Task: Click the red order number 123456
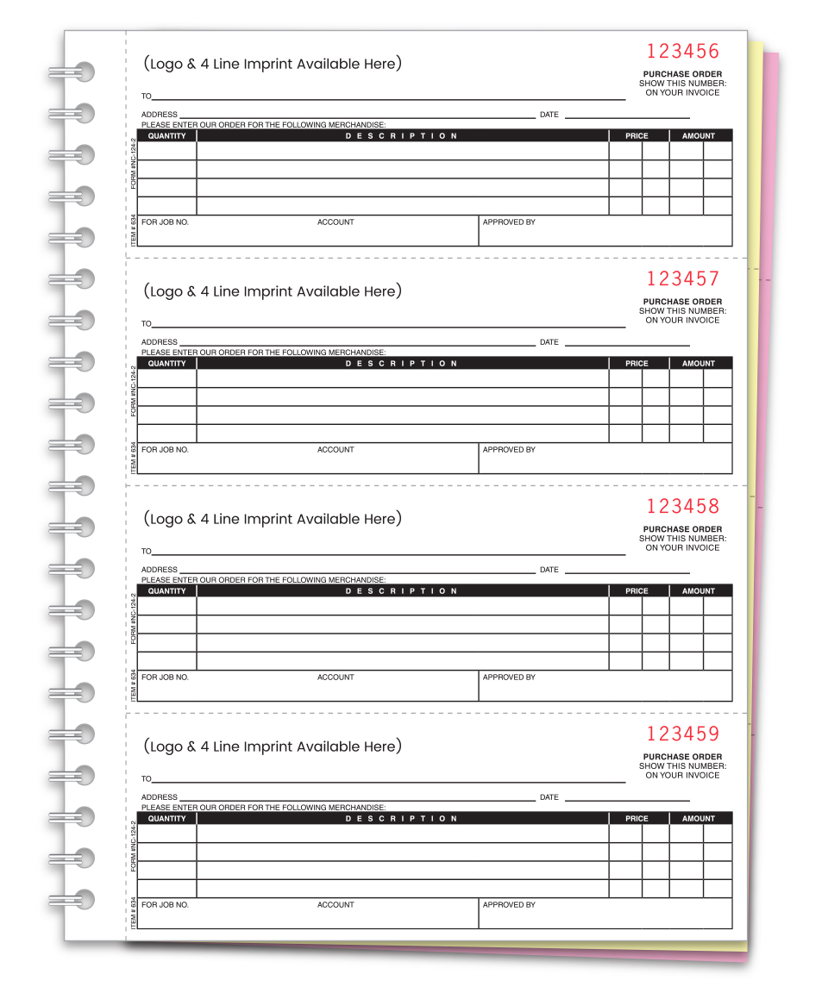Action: coord(682,51)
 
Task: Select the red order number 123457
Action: coord(682,278)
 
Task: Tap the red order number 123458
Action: coord(682,506)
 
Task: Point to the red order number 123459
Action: coord(682,734)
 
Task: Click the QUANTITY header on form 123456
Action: coord(166,136)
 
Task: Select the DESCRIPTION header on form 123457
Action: coord(402,364)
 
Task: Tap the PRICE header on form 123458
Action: coord(637,591)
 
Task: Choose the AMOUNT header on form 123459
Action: coord(699,819)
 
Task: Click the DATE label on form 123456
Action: coord(549,115)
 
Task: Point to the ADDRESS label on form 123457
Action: coord(160,342)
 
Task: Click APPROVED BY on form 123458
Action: coord(509,678)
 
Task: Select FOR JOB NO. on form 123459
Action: coord(165,905)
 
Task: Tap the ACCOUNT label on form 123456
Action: coord(336,222)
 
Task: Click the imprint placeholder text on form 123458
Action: coord(273,519)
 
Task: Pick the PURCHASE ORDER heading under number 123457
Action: coord(682,302)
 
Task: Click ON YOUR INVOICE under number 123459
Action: coord(682,775)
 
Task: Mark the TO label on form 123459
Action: coord(147,779)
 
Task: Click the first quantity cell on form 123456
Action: coord(167,151)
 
